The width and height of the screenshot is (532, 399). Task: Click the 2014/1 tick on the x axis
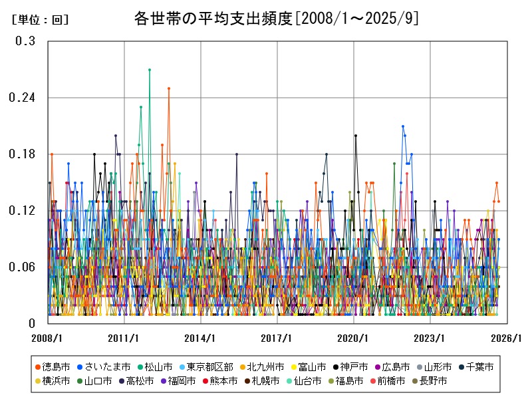(200, 338)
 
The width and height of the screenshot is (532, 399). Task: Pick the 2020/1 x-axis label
(354, 338)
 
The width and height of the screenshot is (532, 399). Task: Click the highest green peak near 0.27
(150, 69)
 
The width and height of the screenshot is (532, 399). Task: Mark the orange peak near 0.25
(169, 88)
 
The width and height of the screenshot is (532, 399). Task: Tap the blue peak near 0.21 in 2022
(403, 126)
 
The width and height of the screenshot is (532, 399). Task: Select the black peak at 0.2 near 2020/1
(356, 136)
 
